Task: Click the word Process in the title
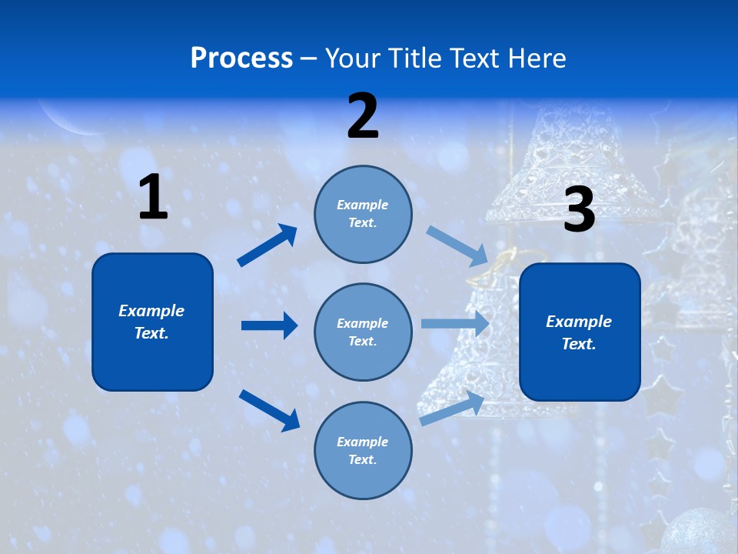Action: pos(241,58)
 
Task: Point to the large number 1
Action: pos(153,198)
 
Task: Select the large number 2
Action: pos(363,116)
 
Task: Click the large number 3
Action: pos(579,210)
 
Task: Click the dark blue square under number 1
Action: pos(152,322)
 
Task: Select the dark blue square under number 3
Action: pos(580,332)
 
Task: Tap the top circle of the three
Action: pos(363,214)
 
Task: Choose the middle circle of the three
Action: pos(363,332)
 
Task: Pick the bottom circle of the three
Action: pos(363,450)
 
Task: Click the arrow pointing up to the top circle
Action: pos(267,245)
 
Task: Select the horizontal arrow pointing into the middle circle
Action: pos(269,325)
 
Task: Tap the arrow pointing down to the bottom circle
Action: pos(269,409)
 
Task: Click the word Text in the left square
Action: pos(151,333)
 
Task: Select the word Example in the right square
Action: pos(579,322)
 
